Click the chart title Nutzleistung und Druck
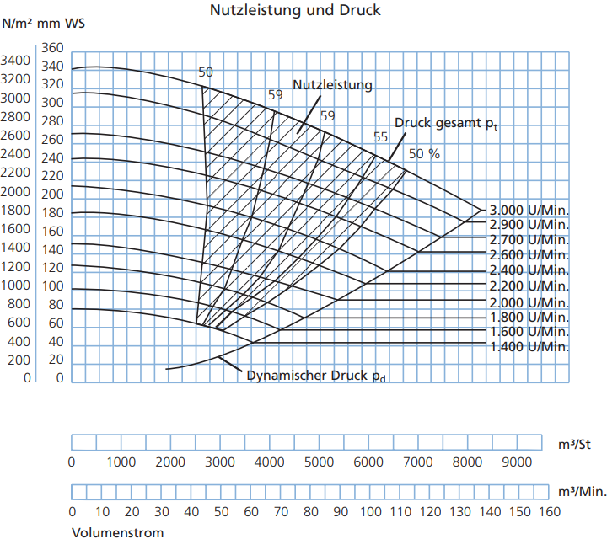[x=295, y=10]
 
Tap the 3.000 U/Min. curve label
[x=529, y=211]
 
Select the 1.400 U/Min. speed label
[x=529, y=347]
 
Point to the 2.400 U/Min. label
[x=529, y=270]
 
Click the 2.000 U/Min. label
[x=529, y=302]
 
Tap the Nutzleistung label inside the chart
[x=332, y=85]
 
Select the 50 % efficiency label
[x=424, y=154]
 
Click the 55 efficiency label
[x=380, y=137]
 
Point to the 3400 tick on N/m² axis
[x=15, y=61]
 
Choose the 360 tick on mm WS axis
[x=52, y=48]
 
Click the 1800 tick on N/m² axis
[x=15, y=211]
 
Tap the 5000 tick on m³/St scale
[x=319, y=462]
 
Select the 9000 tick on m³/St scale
[x=517, y=462]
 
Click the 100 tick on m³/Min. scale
[x=371, y=512]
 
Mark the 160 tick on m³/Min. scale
[x=550, y=512]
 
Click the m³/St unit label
[x=574, y=445]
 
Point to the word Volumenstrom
[x=118, y=533]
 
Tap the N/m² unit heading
[x=17, y=24]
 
